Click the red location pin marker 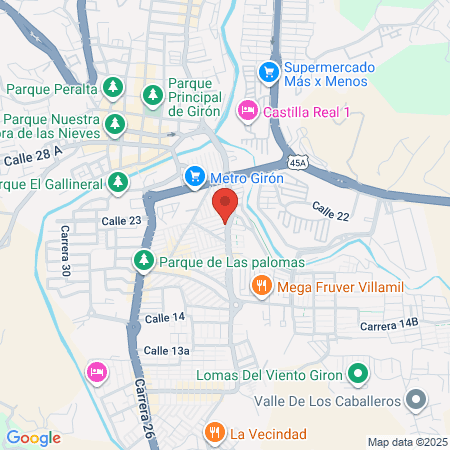pos(225,203)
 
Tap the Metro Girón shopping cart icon pos(195,178)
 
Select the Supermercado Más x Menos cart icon pos(268,71)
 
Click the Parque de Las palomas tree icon pos(144,261)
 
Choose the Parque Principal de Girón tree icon pos(153,96)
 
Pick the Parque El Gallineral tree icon pos(118,182)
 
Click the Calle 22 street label pos(331,210)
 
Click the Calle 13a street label pos(166,350)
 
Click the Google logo pos(34,437)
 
